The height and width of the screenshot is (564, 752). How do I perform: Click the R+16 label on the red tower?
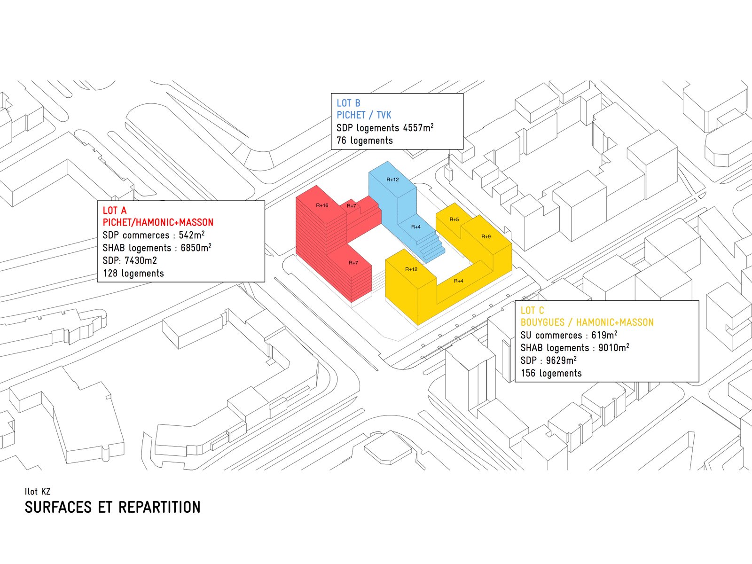(322, 205)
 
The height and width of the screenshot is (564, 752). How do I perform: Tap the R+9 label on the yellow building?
(486, 236)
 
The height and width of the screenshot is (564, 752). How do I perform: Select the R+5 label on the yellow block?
(454, 219)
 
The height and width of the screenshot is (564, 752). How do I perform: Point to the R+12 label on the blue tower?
(392, 180)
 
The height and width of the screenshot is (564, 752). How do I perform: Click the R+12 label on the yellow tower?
(411, 269)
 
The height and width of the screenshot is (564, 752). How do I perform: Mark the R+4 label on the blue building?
(416, 227)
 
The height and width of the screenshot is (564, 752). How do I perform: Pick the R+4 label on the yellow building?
(459, 281)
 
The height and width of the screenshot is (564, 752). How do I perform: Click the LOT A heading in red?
(115, 210)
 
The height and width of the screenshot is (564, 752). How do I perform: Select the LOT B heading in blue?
(348, 103)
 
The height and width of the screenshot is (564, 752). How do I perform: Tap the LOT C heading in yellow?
(532, 310)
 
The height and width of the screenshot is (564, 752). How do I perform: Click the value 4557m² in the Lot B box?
(418, 127)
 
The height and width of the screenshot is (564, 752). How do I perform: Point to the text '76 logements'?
(364, 141)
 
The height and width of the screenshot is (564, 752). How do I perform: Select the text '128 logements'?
(133, 274)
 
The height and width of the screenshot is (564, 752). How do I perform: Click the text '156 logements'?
(551, 373)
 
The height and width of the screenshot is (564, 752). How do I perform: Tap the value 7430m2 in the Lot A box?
(141, 260)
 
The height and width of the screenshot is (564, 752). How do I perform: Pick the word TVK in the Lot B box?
(384, 115)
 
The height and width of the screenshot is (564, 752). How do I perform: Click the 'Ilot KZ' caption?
(38, 492)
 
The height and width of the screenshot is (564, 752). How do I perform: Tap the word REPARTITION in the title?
(159, 508)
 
